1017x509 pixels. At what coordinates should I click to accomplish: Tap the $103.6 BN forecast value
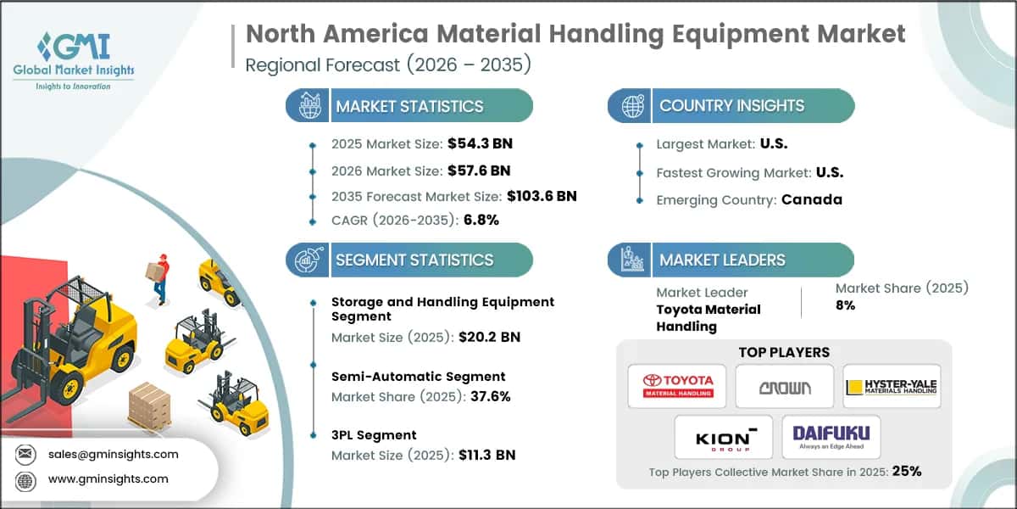[x=542, y=196]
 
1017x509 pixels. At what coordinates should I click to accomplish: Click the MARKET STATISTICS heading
[x=408, y=106]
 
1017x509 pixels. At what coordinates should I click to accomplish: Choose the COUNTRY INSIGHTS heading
[x=731, y=106]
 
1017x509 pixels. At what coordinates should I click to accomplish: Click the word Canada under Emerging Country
[x=812, y=200]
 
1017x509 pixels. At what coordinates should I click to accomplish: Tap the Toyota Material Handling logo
[x=677, y=387]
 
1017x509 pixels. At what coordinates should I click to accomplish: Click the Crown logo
[x=784, y=387]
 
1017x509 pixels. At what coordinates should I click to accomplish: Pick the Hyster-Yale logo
[x=891, y=387]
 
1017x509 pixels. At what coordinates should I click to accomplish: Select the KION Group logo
[x=723, y=437]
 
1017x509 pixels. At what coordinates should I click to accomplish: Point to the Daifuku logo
[x=831, y=437]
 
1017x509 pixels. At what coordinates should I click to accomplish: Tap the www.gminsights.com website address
[x=108, y=478]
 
